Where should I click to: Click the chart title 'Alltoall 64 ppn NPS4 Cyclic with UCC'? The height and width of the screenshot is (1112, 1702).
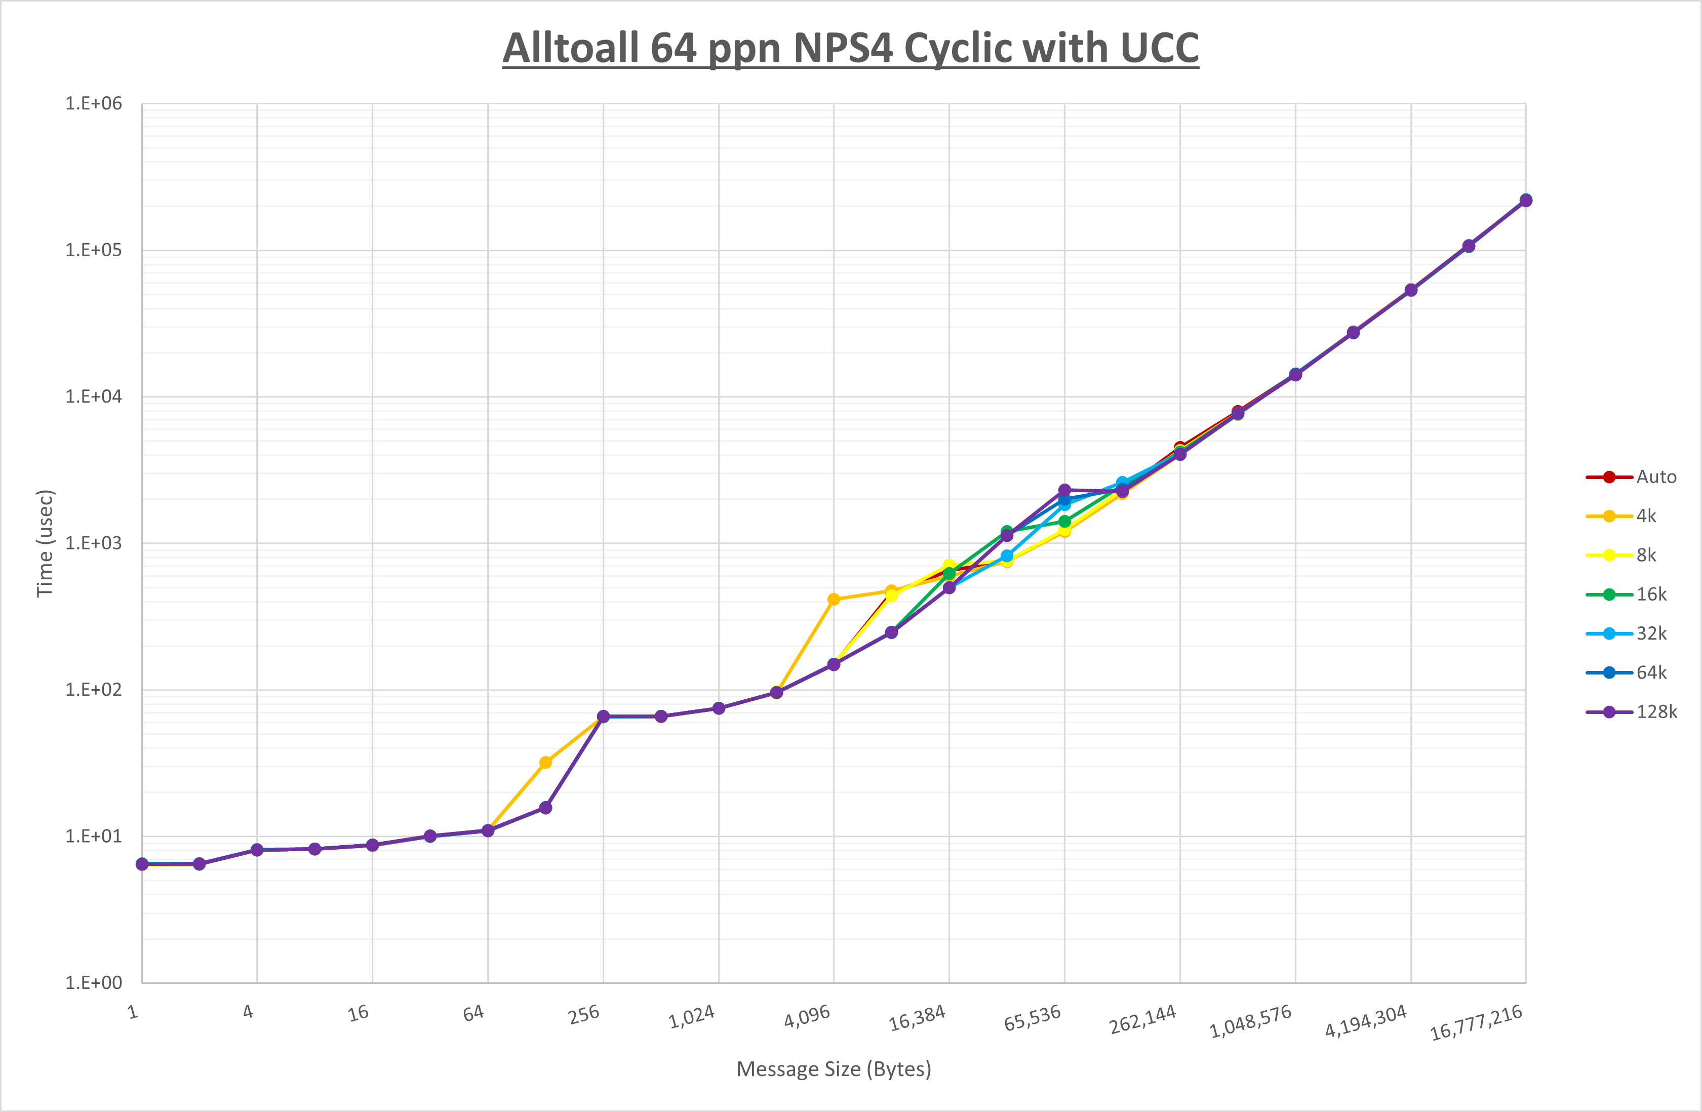(x=850, y=49)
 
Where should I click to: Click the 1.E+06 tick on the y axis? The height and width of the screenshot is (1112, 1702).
(x=94, y=104)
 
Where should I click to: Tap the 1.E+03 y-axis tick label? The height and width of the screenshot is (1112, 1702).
(x=94, y=543)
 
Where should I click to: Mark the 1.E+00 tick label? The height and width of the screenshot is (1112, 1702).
(x=94, y=982)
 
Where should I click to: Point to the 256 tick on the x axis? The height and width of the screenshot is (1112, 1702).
(x=583, y=1015)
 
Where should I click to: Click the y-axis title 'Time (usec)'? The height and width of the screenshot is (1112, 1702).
(x=45, y=543)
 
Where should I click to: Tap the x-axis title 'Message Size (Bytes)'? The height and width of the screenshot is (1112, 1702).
(x=834, y=1069)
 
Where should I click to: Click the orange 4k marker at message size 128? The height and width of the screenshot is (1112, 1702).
(x=545, y=762)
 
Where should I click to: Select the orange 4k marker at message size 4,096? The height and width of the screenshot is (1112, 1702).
(x=834, y=599)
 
